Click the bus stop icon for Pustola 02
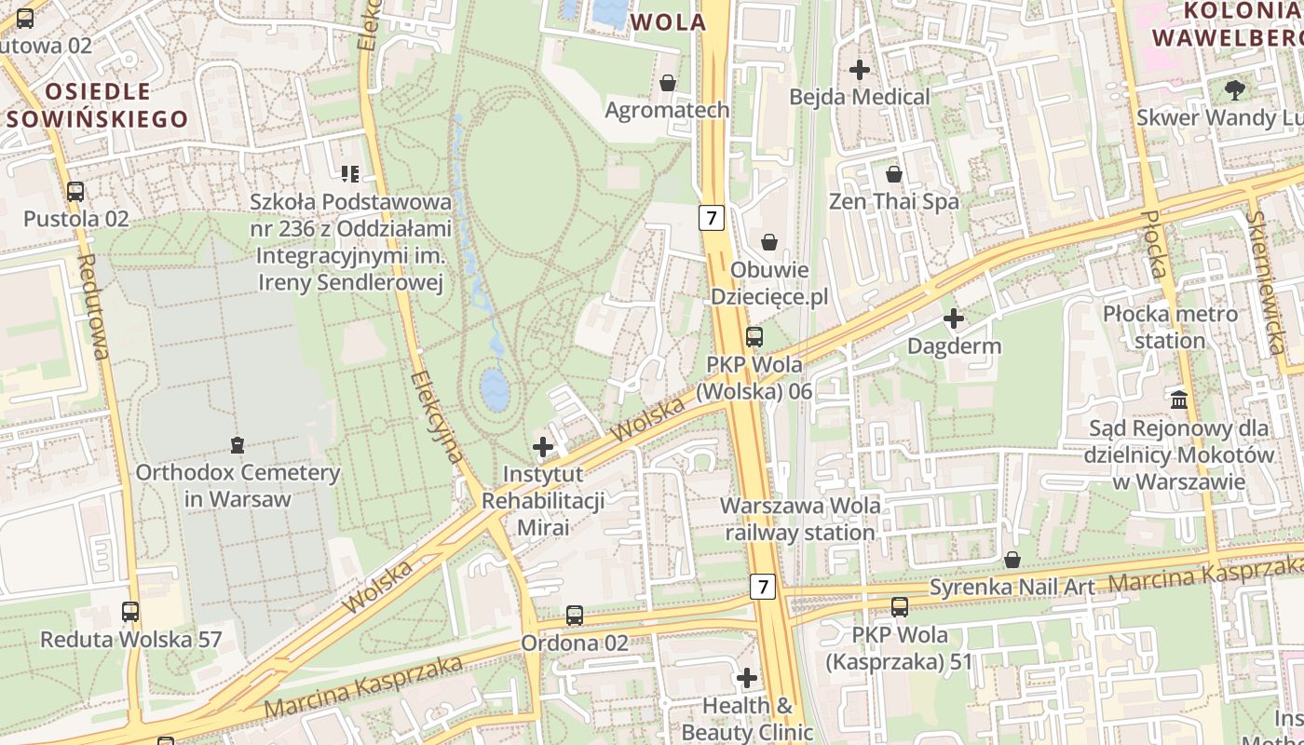pyautogui.click(x=75, y=192)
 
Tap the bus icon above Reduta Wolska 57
pyautogui.click(x=130, y=612)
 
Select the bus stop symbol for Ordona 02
pyautogui.click(x=575, y=616)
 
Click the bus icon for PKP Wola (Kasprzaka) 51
pyautogui.click(x=900, y=607)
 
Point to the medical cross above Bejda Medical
pyautogui.click(x=860, y=70)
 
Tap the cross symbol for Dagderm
pyautogui.click(x=954, y=318)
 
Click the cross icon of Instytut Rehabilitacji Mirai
pyautogui.click(x=543, y=447)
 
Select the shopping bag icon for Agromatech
pyautogui.click(x=667, y=84)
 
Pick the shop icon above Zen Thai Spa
pyautogui.click(x=894, y=174)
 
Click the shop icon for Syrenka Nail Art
pyautogui.click(x=1012, y=560)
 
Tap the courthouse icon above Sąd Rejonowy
pyautogui.click(x=1179, y=400)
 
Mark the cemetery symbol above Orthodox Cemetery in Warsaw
pyautogui.click(x=238, y=445)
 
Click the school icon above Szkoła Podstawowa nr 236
pyautogui.click(x=350, y=173)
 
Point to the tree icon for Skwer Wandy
pyautogui.click(x=1235, y=90)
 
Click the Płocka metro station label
pyautogui.click(x=1170, y=327)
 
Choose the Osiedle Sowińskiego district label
pyautogui.click(x=97, y=105)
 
